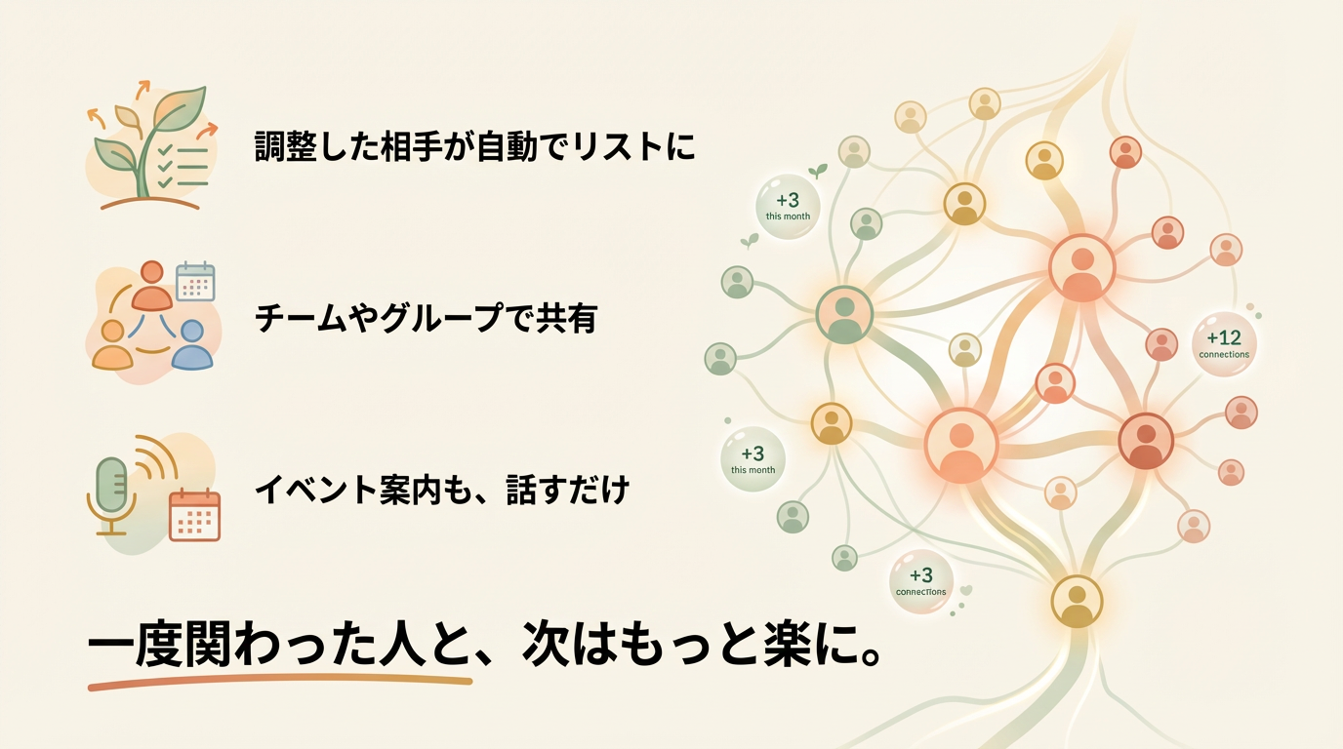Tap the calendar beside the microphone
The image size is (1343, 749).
pos(194,514)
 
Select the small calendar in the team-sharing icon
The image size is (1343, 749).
pos(195,282)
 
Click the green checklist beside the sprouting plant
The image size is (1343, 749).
pos(183,167)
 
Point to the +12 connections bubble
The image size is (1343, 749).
pos(1224,343)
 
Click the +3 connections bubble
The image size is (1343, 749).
pos(921,581)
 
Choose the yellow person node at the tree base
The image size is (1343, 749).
pos(1077,601)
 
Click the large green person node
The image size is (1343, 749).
pos(845,314)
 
